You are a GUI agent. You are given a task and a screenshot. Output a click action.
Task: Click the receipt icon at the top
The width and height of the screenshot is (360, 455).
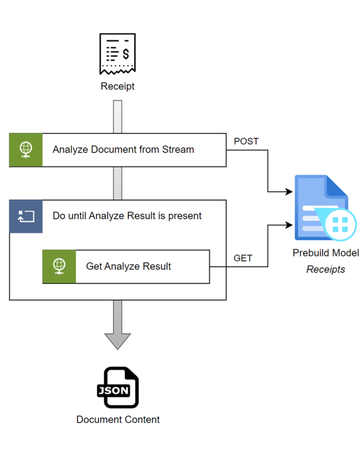pyautogui.click(x=117, y=54)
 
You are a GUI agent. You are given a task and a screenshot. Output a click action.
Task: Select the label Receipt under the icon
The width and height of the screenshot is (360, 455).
pyautogui.click(x=117, y=86)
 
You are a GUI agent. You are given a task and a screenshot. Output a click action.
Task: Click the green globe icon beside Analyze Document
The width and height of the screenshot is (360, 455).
pyautogui.click(x=26, y=150)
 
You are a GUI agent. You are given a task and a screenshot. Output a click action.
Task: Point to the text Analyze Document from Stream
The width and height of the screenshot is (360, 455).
pyautogui.click(x=123, y=150)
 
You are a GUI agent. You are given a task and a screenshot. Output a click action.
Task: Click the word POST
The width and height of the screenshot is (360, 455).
pyautogui.click(x=246, y=141)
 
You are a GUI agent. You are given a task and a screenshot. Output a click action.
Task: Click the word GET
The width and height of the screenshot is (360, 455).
pyautogui.click(x=243, y=258)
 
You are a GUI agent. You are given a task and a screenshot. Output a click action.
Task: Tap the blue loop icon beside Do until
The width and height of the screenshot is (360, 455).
pyautogui.click(x=26, y=216)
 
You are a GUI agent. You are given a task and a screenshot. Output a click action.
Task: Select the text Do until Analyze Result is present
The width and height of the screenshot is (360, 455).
pyautogui.click(x=127, y=216)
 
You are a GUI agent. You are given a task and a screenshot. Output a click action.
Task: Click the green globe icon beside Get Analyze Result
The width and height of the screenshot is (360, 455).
pyautogui.click(x=59, y=266)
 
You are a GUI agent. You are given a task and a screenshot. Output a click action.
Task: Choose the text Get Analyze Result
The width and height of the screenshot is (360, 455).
pyautogui.click(x=128, y=266)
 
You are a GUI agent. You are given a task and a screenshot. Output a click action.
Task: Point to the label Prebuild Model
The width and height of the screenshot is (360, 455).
pyautogui.click(x=326, y=253)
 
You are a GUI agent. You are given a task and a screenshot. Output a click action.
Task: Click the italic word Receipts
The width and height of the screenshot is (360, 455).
pyautogui.click(x=326, y=270)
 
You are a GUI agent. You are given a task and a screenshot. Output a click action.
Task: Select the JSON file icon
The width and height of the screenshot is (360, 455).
pyautogui.click(x=118, y=387)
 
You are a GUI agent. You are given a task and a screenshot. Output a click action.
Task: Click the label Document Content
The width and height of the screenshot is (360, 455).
pyautogui.click(x=118, y=419)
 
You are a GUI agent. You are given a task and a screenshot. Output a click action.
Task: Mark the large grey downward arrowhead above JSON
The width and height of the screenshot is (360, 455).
pyautogui.click(x=117, y=341)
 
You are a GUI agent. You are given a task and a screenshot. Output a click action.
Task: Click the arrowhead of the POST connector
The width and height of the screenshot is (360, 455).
pyautogui.click(x=289, y=191)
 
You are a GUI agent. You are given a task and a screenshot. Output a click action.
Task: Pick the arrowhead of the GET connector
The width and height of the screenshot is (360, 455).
pyautogui.click(x=289, y=226)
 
